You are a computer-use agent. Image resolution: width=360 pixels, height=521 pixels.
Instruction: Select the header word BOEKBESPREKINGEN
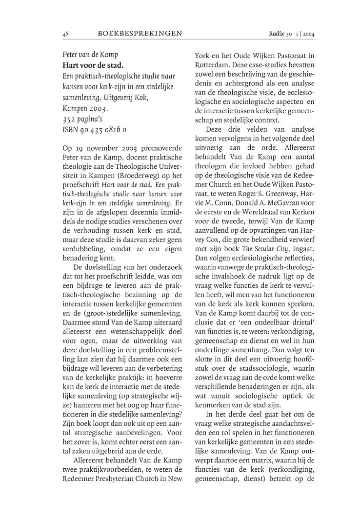140,33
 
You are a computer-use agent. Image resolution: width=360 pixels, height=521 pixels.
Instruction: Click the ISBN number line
95,130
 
